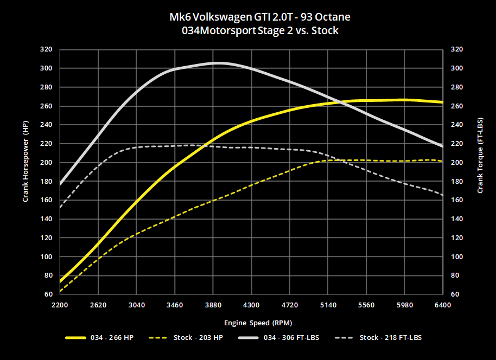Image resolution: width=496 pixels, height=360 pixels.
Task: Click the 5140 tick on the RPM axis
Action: (x=328, y=305)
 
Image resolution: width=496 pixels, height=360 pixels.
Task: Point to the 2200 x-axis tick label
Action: (x=60, y=305)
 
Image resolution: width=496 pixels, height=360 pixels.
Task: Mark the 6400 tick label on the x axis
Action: (x=443, y=305)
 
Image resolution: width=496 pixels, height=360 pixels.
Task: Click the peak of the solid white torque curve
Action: (x=218, y=63)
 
